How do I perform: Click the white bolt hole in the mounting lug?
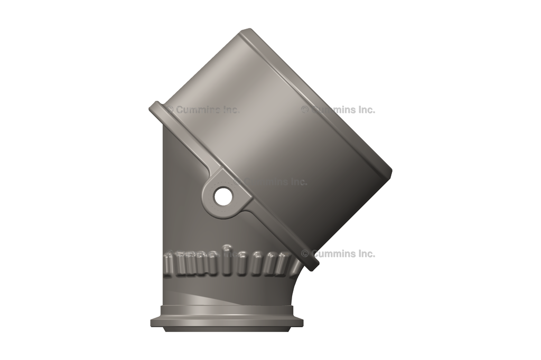pos(222,197)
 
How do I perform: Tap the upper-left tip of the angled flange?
pos(153,108)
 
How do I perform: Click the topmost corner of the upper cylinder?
pos(244,31)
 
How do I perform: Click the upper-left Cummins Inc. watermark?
pos(203,110)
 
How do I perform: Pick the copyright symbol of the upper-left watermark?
pos(170,110)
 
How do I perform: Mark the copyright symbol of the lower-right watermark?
pos(305,253)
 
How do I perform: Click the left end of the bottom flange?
pos(152,322)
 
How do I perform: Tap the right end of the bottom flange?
pos(302,322)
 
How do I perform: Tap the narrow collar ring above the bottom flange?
pos(227,310)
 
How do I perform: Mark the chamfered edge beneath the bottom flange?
pos(227,329)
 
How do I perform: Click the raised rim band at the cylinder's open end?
pos(317,100)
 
